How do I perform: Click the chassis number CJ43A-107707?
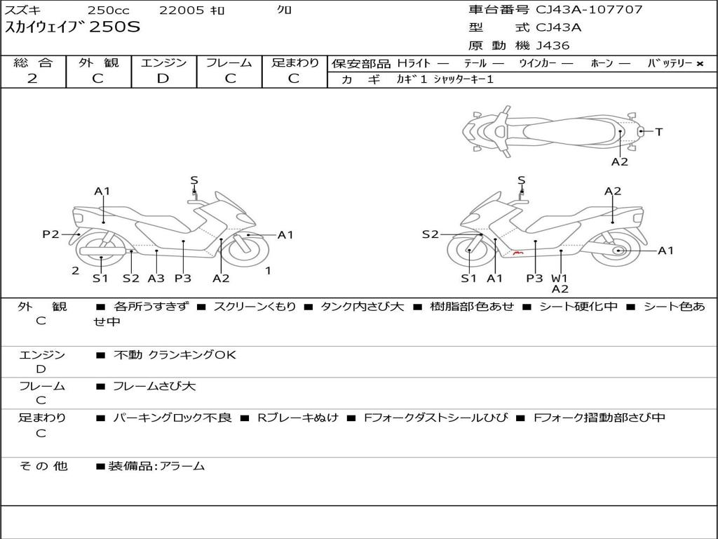589,10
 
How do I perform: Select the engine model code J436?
553,46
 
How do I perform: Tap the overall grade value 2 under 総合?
32,79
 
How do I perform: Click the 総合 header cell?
33,62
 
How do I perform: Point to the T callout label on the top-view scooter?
659,131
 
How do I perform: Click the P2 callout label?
50,234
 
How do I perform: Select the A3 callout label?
156,278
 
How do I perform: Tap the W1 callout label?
560,278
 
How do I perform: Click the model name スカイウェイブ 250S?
73,27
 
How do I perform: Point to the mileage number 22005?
182,10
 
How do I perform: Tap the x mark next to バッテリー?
699,63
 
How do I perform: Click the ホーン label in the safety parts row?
601,63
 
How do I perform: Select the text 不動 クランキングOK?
175,355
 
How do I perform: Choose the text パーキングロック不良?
172,418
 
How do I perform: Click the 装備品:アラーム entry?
156,465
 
